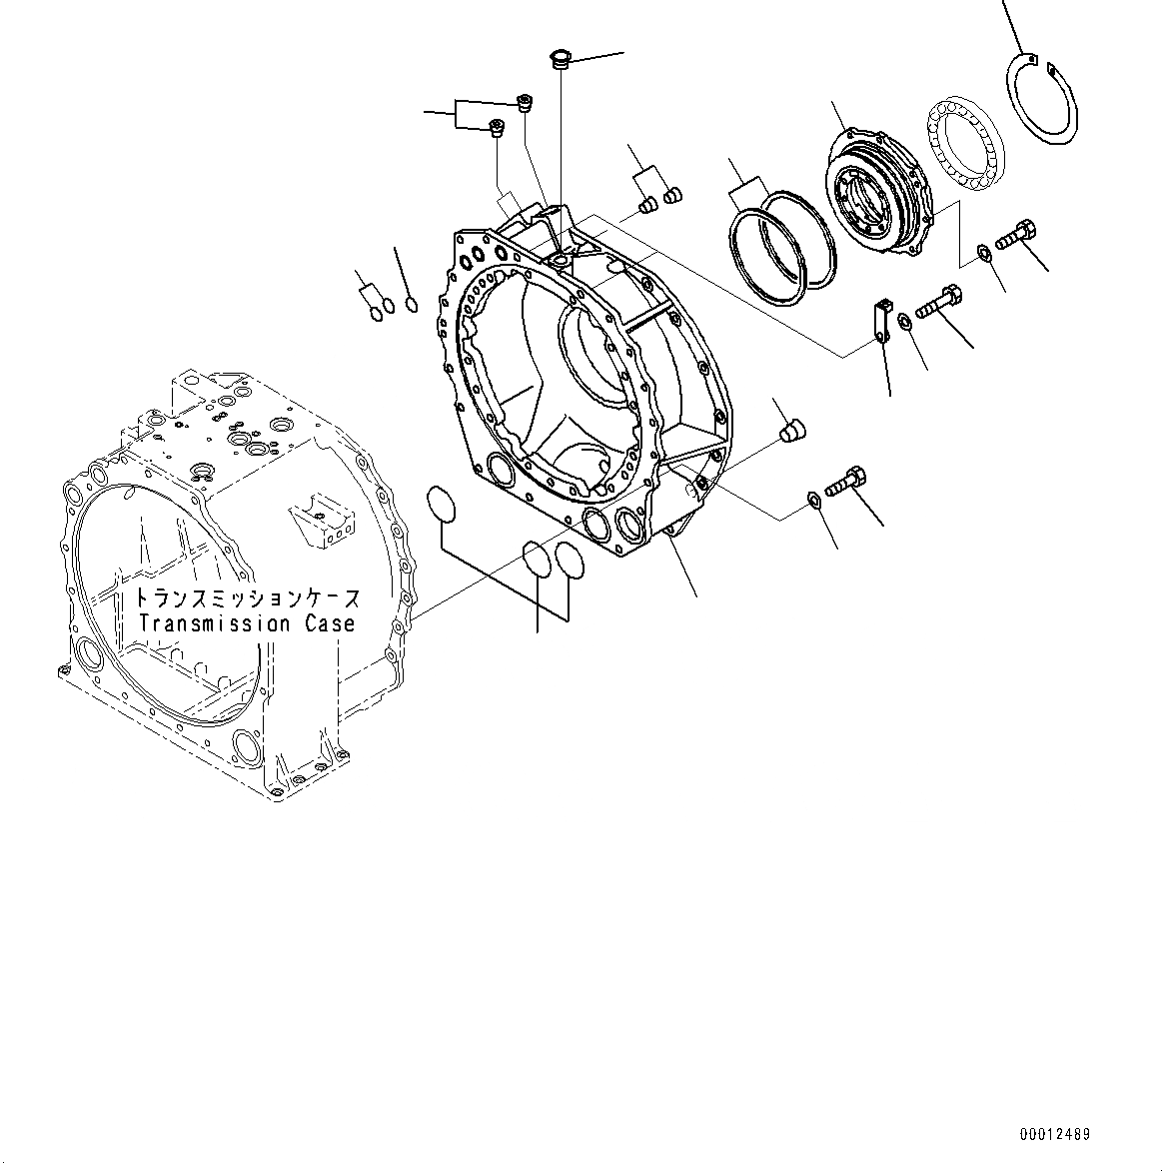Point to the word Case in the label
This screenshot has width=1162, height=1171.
pyautogui.click(x=330, y=623)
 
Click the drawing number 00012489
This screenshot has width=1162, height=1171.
pyautogui.click(x=1055, y=1134)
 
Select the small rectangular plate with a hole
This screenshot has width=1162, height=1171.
pyautogui.click(x=881, y=319)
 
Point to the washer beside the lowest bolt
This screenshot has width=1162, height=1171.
pyautogui.click(x=814, y=500)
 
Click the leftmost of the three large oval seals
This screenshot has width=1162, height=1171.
pyautogui.click(x=441, y=504)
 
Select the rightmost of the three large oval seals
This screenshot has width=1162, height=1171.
pyautogui.click(x=570, y=562)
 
